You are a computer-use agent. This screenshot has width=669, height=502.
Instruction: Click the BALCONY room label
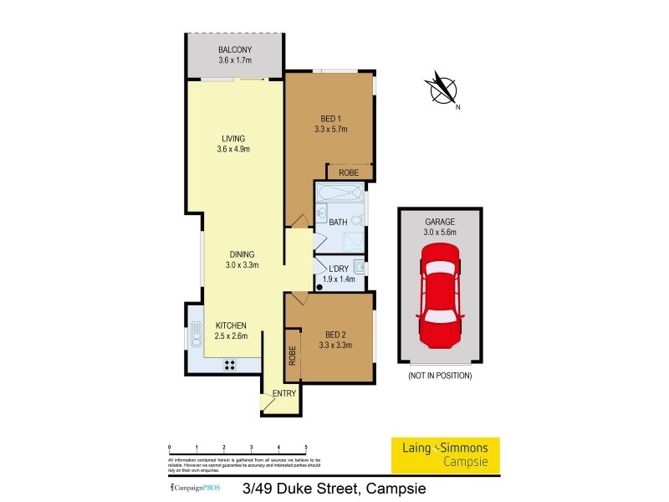235,49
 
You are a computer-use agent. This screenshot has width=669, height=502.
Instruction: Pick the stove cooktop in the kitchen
229,365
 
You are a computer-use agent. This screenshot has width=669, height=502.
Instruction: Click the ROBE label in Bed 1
349,172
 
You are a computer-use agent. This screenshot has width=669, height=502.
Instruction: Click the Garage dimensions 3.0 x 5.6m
440,231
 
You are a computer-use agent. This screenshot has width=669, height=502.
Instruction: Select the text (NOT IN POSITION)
440,376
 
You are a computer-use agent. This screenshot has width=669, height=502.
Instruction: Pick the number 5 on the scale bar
306,448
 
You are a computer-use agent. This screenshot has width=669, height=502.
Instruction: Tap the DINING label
239,254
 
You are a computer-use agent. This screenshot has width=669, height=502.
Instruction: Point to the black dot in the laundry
319,285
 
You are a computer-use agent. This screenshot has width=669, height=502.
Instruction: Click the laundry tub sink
358,268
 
